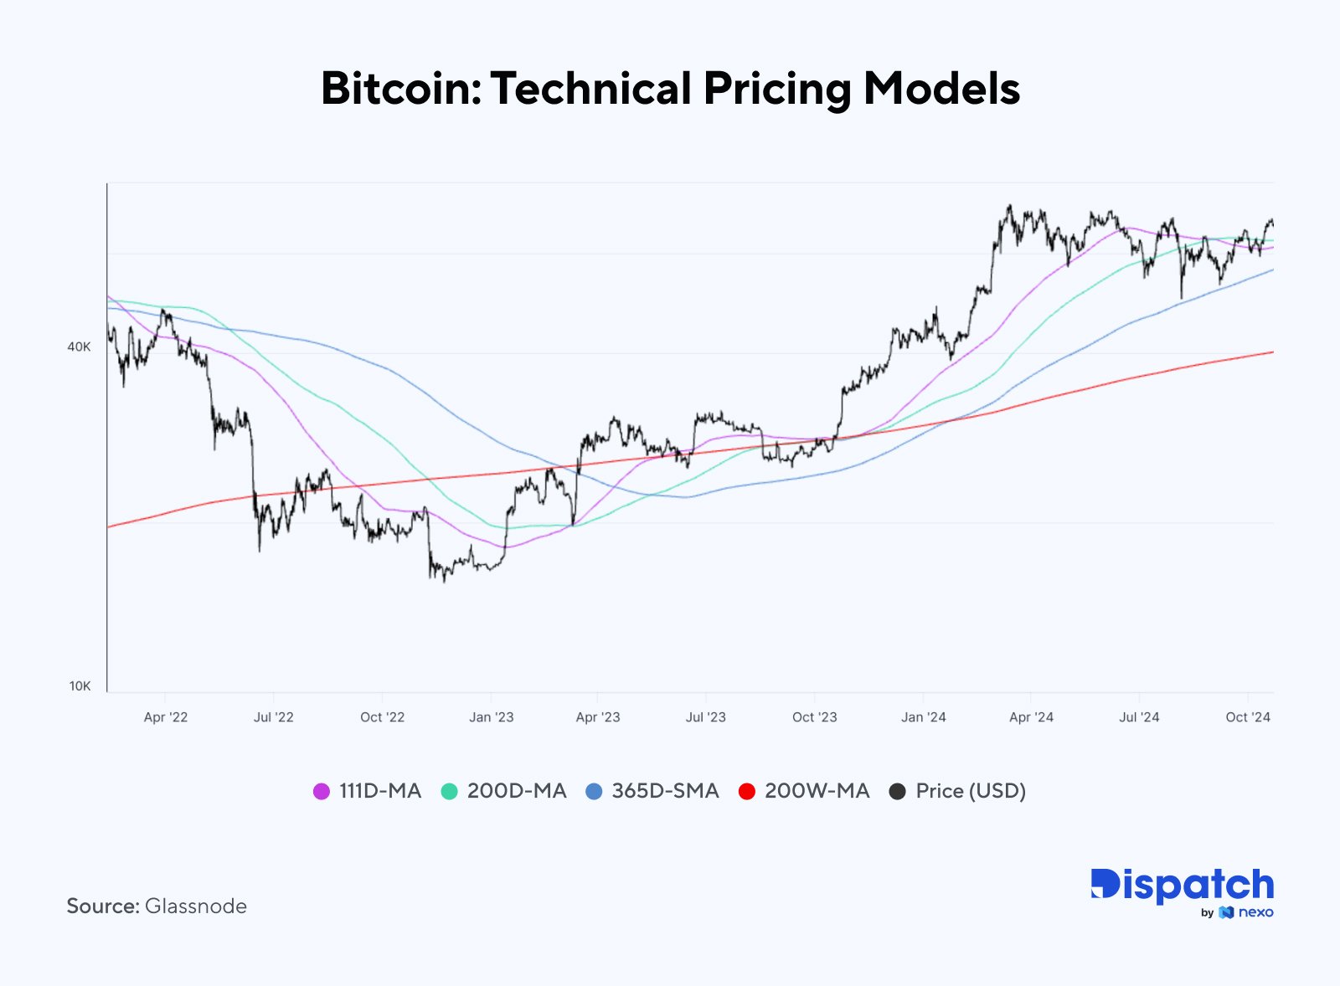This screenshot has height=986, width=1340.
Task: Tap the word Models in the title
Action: point(941,89)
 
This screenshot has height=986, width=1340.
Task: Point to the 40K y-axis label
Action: point(79,347)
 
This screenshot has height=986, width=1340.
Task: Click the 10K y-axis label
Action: point(80,686)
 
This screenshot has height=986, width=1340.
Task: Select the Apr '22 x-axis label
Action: point(166,717)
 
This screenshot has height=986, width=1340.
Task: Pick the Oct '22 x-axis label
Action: point(382,717)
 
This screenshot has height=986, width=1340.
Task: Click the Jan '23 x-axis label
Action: point(492,717)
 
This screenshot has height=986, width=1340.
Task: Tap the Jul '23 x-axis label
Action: point(706,717)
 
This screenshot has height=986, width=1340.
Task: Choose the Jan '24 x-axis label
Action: point(924,717)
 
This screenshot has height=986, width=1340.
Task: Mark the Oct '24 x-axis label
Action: point(1248,717)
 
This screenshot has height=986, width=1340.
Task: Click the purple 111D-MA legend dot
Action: point(322,792)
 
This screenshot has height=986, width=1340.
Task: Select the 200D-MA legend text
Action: point(517,791)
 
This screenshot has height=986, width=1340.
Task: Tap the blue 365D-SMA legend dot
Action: point(594,792)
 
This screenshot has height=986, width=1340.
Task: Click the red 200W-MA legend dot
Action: point(747,792)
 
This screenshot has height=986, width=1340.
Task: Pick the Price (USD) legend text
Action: point(971,791)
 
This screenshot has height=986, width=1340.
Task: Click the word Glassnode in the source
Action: point(196,906)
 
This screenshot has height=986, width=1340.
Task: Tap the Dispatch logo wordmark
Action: point(1182,886)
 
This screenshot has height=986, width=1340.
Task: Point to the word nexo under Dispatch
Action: point(1255,912)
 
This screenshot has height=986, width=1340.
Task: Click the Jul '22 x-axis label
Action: point(274,717)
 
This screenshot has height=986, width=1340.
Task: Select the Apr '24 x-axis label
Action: point(1031,717)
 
